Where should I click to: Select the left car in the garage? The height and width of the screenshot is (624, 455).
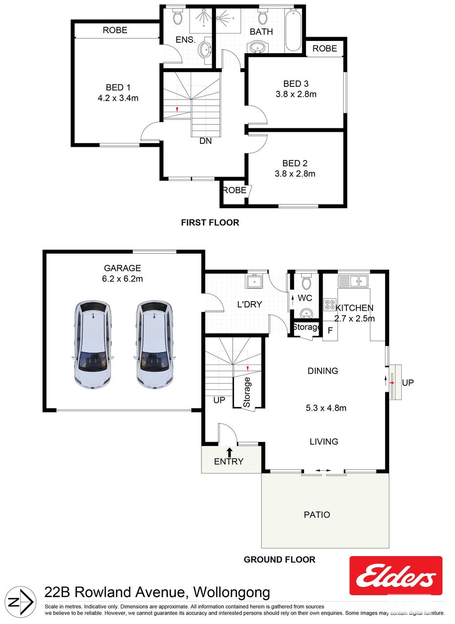93,344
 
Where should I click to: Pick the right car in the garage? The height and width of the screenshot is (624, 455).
154,344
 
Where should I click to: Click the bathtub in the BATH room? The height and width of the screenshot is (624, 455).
293,31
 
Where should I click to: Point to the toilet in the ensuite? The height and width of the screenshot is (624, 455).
177,16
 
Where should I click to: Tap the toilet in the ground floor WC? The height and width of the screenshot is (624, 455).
306,282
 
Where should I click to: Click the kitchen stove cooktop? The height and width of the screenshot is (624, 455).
330,305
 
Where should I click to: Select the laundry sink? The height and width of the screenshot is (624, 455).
255,281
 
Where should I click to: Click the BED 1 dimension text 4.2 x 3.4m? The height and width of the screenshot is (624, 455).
118,98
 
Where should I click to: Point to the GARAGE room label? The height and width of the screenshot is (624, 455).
122,268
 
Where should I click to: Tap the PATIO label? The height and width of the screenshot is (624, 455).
317,515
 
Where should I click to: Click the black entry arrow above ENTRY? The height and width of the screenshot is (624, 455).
229,452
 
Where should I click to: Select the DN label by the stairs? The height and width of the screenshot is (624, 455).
206,141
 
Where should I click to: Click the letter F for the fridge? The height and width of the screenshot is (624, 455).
330,330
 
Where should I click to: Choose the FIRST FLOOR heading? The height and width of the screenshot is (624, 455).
210,222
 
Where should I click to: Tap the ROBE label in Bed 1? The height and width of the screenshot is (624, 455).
115,30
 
